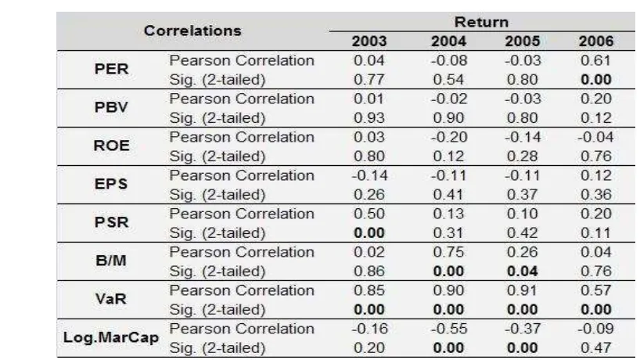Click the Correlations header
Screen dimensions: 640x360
tap(192, 31)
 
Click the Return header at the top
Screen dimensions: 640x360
tap(482, 22)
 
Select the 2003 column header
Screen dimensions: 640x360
tap(369, 41)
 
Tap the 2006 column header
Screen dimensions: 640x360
tap(596, 41)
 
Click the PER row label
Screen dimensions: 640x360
tap(111, 69)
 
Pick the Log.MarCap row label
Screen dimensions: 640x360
tap(111, 337)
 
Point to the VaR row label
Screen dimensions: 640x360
tap(111, 299)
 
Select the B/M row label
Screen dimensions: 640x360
tap(111, 261)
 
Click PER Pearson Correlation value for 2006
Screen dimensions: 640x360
tap(596, 60)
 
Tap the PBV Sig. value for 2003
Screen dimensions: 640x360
tap(369, 118)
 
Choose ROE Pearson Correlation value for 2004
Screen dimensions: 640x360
tap(449, 137)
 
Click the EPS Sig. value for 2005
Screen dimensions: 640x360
tap(523, 195)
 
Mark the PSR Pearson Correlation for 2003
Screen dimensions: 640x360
tap(369, 214)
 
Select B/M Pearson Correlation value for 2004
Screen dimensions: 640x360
tap(448, 252)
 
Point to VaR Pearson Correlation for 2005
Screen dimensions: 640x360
tap(523, 290)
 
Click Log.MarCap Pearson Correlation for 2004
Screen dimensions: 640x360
tap(449, 329)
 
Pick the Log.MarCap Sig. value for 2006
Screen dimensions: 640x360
tap(596, 348)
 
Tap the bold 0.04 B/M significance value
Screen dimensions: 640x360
tap(523, 272)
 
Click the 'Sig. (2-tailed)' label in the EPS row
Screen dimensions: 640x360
tap(218, 195)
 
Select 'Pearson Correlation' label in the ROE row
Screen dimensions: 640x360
tap(242, 137)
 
